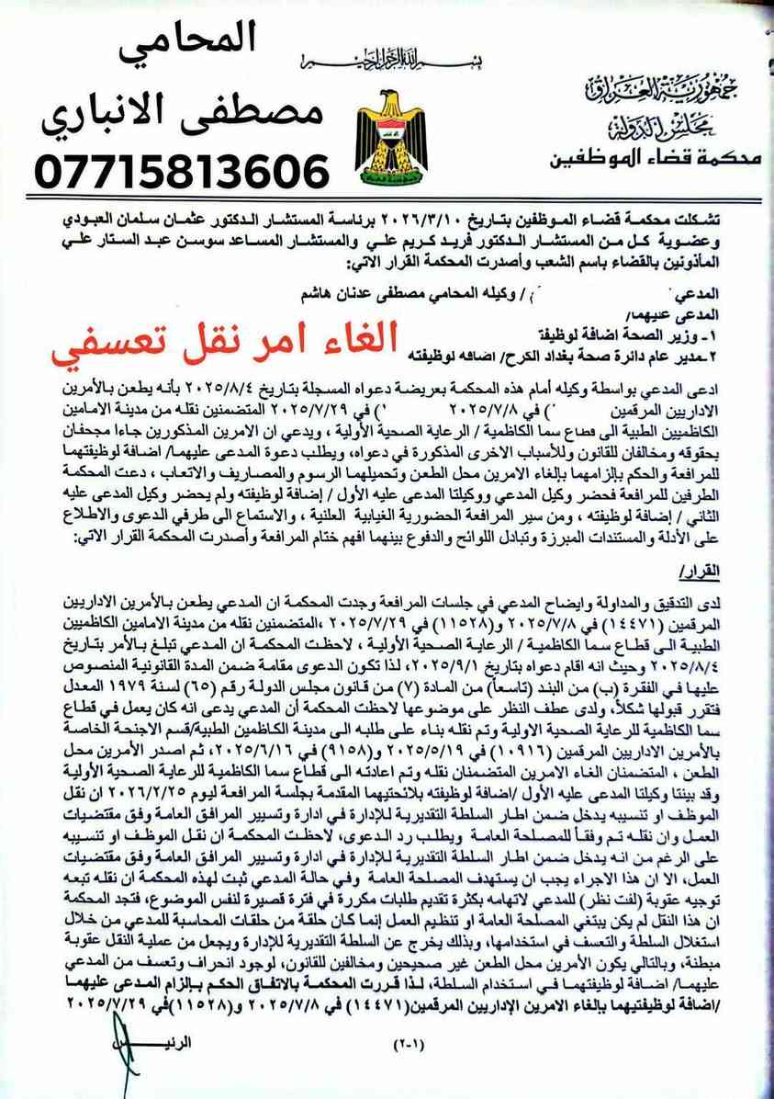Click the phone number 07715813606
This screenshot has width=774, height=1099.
coord(181,172)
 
